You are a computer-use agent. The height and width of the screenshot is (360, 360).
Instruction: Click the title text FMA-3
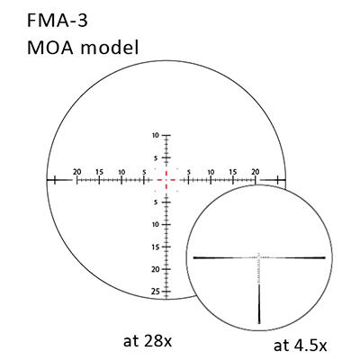58,21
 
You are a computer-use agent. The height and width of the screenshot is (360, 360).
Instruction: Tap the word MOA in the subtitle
50,48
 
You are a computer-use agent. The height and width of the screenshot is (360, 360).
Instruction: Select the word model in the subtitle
110,47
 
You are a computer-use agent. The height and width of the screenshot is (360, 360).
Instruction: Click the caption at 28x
148,341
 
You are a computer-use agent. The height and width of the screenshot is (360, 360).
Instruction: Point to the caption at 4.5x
300,346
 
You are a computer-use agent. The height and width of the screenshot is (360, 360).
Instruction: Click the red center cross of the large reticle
166,180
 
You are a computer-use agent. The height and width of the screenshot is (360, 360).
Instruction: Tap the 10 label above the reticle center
156,135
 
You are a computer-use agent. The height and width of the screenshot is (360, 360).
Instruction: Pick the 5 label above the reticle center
156,157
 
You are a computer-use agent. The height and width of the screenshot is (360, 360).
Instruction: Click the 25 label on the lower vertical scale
155,292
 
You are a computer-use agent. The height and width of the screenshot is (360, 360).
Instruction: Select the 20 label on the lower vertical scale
155,269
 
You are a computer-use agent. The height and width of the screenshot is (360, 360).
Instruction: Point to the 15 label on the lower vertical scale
156,247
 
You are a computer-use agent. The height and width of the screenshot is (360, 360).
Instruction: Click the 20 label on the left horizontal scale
77,172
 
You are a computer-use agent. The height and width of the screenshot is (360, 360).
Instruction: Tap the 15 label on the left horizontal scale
99,172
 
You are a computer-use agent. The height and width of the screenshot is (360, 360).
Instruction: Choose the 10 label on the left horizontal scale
121,172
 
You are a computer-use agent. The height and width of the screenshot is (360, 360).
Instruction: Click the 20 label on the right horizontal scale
256,172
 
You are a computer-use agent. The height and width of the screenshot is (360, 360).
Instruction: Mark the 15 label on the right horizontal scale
233,172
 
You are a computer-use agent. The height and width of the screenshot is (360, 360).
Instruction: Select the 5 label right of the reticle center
188,172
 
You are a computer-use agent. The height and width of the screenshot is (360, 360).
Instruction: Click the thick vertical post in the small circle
259,303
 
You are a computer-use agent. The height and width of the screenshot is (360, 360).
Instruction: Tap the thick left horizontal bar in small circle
221,257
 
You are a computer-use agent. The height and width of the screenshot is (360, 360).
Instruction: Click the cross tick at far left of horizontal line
55,180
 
